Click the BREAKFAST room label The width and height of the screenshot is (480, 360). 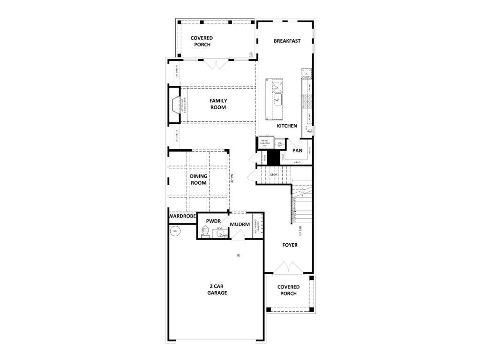(x=287, y=41)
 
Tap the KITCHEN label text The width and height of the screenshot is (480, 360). (x=287, y=126)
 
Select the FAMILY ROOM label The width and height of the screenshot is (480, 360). (x=218, y=104)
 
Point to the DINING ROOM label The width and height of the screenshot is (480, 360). (x=199, y=180)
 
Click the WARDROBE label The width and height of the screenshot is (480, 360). (x=182, y=217)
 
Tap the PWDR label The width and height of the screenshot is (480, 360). (x=213, y=221)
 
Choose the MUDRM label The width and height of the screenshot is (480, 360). (x=240, y=225)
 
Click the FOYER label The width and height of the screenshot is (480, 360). (x=290, y=245)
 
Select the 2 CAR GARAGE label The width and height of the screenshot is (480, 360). (x=217, y=289)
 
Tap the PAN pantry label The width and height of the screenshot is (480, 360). (x=297, y=151)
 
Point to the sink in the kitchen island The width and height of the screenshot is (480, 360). (x=277, y=99)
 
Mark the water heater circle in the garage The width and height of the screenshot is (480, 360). (x=175, y=231)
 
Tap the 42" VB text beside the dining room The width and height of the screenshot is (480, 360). (x=231, y=179)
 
